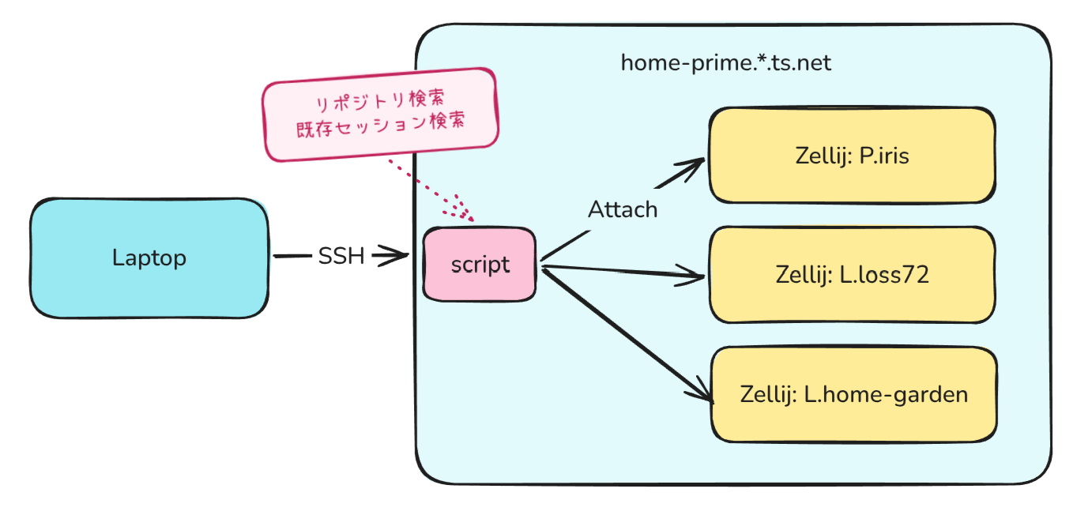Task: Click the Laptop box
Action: (149, 258)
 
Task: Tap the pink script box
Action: (480, 265)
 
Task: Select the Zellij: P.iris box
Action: (853, 156)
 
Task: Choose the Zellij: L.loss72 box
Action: (853, 275)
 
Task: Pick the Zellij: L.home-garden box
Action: (854, 395)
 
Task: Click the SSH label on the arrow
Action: (341, 256)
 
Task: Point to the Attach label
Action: (623, 209)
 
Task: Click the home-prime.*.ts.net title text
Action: (725, 63)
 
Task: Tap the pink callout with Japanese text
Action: (380, 115)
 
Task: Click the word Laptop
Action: (149, 257)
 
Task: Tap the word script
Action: (480, 265)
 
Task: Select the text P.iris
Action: (884, 156)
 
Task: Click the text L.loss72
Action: (884, 275)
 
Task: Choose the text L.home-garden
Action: (886, 395)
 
